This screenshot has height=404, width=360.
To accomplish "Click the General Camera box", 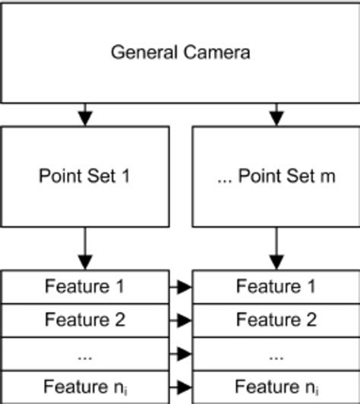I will [180, 52].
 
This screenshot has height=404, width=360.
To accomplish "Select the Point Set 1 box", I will [84, 176].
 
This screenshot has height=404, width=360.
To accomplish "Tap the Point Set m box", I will [276, 176].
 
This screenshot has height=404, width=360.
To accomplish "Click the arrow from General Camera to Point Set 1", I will [85, 114].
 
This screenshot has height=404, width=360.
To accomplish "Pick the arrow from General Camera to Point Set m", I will [276, 114].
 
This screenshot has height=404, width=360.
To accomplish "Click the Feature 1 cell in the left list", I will [84, 286].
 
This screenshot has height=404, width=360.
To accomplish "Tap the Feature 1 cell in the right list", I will [276, 286].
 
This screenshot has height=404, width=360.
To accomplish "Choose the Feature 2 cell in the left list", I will [84, 320].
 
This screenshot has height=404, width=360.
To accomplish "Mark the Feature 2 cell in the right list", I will [276, 320].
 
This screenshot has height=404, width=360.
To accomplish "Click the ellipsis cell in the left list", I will [84, 353].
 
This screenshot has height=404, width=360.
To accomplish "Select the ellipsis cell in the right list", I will [276, 353].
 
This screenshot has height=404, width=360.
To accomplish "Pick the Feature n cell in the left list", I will [84, 387].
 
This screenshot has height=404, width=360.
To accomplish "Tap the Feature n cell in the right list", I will [276, 387].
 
